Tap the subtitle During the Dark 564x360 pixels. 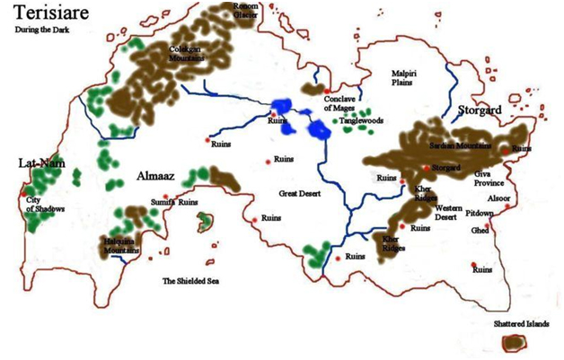point(41,30)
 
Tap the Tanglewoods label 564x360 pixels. point(361,119)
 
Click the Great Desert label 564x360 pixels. point(300,191)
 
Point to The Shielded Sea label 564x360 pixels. point(190,281)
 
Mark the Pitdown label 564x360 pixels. point(479,213)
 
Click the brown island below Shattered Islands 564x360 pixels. point(515,344)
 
